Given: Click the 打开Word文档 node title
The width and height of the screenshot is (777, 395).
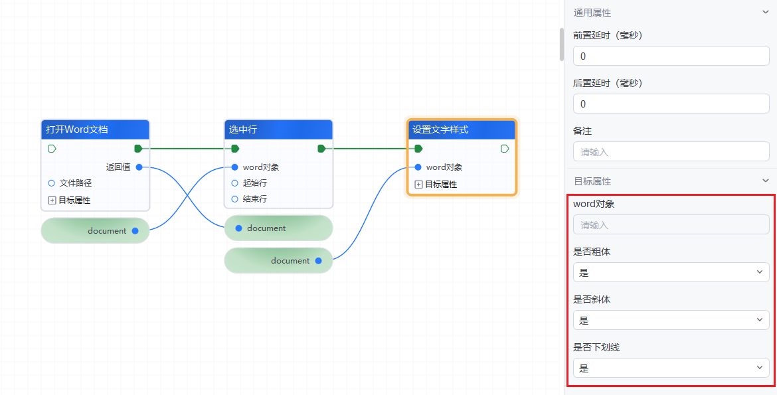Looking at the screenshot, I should coord(77,129).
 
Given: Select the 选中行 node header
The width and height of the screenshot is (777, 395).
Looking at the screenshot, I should coord(243,129).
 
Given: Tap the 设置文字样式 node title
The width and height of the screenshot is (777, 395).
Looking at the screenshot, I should coord(440,129).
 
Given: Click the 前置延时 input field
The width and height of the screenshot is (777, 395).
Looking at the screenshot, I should coord(671,56).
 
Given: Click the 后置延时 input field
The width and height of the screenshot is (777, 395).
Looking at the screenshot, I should coord(671,104).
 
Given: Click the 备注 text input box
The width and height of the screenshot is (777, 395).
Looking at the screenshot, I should coord(671,152).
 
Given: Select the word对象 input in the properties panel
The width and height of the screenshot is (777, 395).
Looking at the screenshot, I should coord(671,225).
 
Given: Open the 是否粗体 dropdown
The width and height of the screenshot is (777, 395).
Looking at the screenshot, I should coord(671,272).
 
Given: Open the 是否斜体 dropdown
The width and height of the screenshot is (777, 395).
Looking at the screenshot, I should coord(671,320).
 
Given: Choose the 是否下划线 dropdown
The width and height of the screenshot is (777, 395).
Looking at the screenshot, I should coord(671,368).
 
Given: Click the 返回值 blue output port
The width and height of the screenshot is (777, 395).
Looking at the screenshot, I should coord(139,167).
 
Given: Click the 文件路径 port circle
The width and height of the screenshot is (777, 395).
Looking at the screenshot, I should coord(52,183).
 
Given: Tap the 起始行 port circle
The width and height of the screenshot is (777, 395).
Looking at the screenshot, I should coord(234,183).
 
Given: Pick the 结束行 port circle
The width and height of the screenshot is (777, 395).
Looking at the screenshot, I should coord(234,199).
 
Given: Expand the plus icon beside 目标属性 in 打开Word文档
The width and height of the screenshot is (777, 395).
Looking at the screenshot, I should coord(52,200).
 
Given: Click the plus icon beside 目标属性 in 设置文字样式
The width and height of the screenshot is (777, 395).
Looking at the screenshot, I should coord(418,185).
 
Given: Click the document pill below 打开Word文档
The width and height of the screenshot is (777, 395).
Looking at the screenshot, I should coord(95,231).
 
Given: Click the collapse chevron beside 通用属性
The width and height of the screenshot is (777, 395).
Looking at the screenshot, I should coord(766,13).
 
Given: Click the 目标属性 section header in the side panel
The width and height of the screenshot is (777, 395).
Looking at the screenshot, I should coord(592,181).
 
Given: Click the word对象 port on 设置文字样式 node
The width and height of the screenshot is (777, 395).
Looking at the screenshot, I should coord(418,167).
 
